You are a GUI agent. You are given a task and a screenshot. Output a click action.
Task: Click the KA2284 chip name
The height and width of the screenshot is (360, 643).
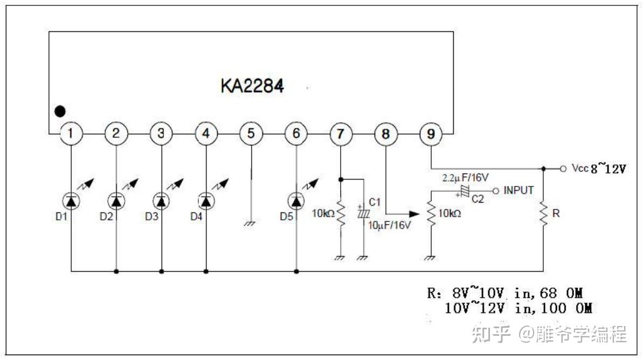[x=252, y=86]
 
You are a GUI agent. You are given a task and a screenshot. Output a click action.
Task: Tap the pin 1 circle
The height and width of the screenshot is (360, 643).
[x=71, y=134]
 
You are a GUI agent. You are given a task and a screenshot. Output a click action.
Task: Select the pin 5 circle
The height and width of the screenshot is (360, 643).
[x=251, y=134]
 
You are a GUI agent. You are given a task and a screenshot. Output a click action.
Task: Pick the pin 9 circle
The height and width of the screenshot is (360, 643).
[x=431, y=134]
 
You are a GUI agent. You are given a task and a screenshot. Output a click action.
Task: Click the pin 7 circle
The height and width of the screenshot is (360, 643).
[x=341, y=134]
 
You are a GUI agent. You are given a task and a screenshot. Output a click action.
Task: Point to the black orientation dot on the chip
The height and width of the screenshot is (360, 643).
[x=60, y=112]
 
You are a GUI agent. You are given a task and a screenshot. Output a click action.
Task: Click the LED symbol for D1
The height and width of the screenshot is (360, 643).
[x=71, y=200]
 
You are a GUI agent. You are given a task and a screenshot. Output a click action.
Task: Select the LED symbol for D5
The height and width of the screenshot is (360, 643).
[x=296, y=200]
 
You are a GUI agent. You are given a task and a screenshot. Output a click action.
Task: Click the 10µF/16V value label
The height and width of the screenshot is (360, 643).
[x=390, y=225]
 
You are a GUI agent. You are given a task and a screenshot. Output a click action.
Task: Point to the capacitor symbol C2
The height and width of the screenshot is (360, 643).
[x=464, y=191]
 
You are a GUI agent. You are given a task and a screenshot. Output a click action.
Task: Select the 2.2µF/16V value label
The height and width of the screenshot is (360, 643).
[x=465, y=177]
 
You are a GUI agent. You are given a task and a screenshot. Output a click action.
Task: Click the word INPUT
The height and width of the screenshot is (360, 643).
[x=518, y=190]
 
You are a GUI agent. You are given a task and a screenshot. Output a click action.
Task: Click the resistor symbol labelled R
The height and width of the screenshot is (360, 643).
[x=543, y=214]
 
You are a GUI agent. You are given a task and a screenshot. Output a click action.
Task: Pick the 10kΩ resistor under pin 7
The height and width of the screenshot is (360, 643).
[x=341, y=214]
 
